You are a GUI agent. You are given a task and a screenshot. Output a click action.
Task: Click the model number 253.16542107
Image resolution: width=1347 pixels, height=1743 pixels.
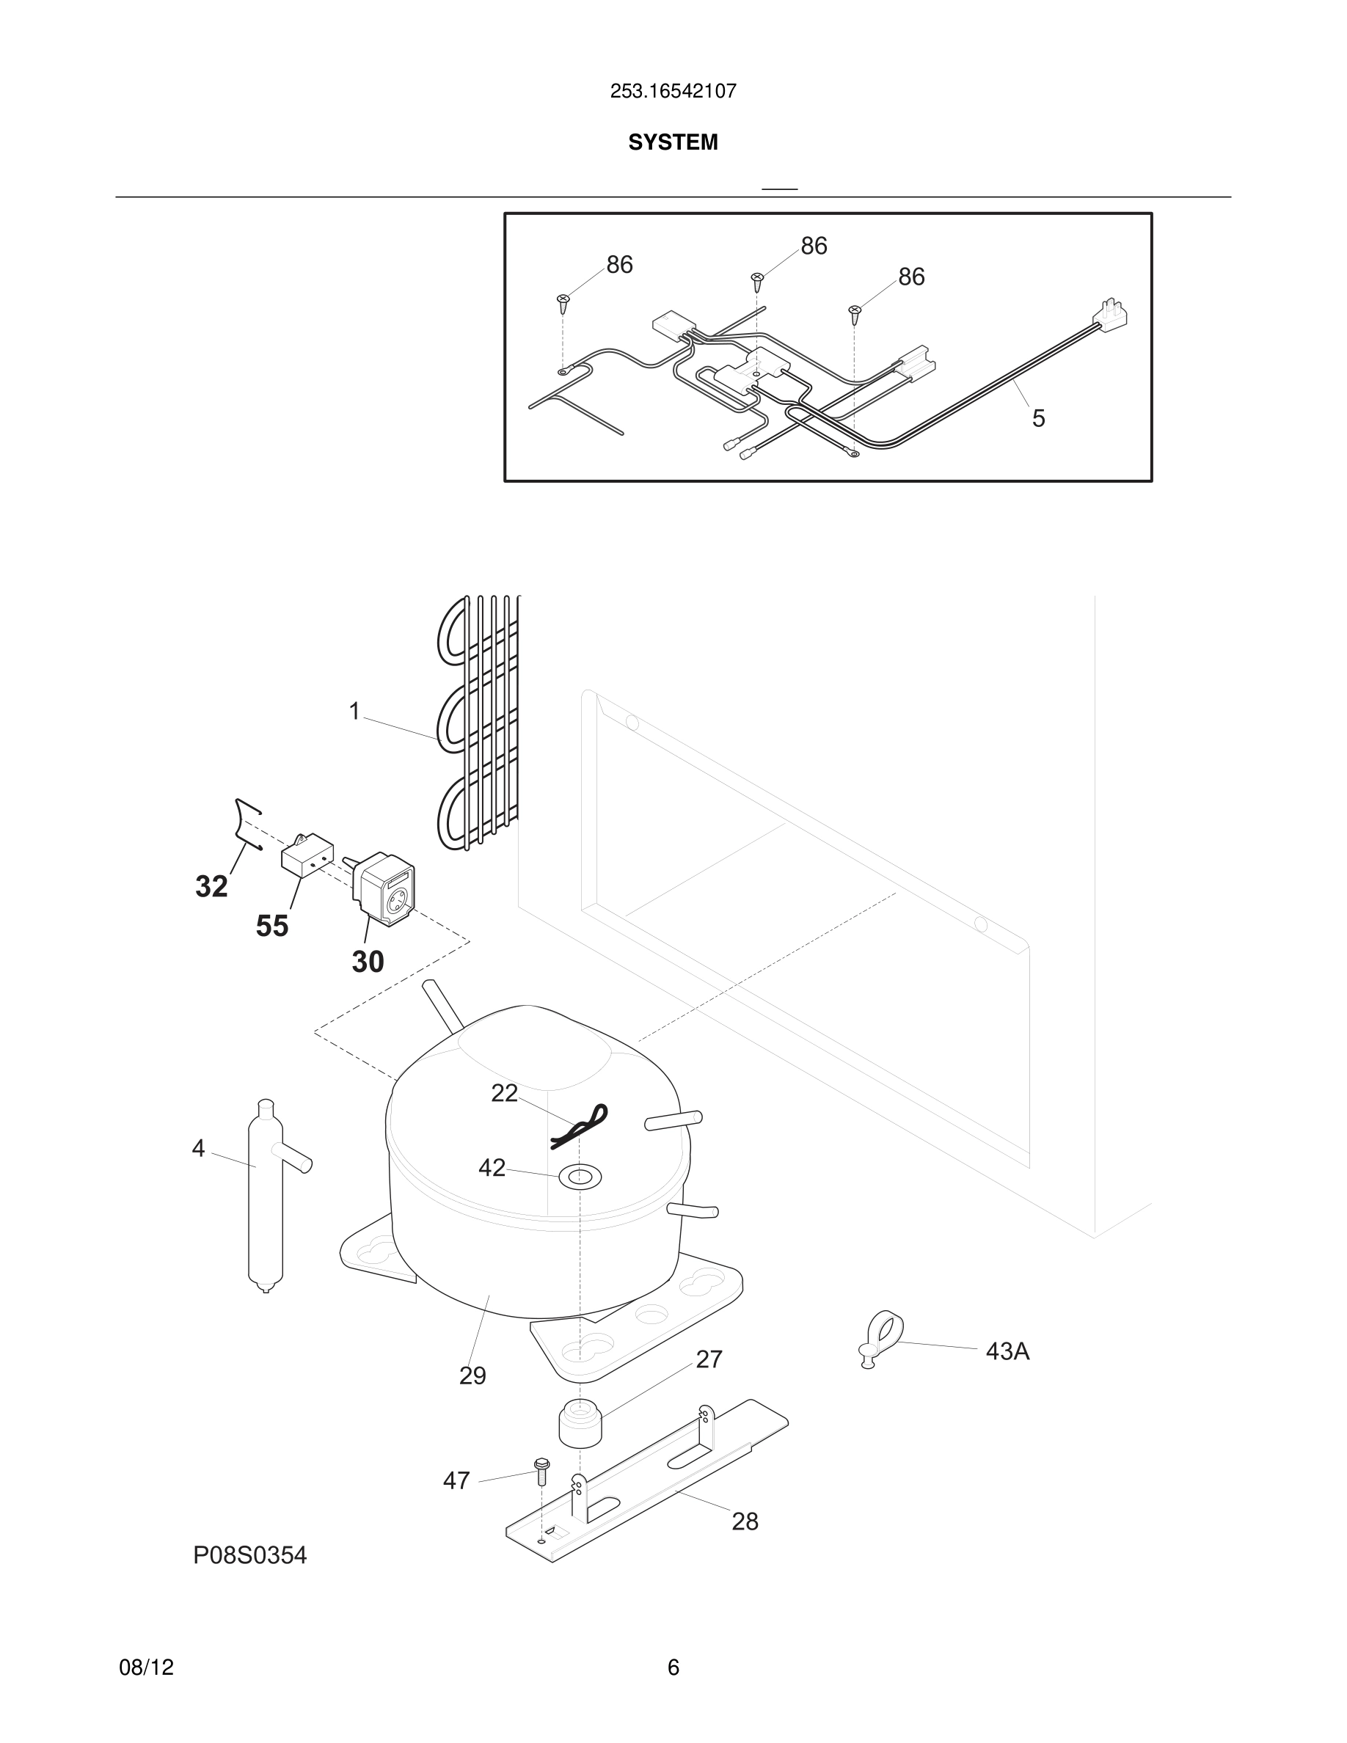673,91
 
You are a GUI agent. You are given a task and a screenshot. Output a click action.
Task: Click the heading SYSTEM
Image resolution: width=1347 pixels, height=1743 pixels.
673,142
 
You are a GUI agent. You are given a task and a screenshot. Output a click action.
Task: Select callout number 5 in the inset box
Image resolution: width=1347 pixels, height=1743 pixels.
1038,418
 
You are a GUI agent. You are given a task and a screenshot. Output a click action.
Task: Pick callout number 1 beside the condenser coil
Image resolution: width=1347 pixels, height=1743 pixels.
355,710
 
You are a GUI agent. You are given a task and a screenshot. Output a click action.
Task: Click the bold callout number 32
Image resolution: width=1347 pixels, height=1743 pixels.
211,887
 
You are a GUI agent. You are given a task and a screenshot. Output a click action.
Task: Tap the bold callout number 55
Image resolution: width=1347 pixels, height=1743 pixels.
272,926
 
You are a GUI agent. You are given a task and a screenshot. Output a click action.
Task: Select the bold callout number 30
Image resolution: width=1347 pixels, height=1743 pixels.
368,962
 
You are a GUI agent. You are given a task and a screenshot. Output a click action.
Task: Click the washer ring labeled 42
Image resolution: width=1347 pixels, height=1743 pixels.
580,1175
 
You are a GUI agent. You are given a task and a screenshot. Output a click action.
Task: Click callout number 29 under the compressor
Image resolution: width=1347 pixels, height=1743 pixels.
472,1375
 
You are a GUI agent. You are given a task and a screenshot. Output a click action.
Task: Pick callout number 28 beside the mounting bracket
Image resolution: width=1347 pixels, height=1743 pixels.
745,1521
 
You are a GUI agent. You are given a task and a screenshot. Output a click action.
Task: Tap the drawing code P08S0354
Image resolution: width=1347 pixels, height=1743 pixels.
249,1554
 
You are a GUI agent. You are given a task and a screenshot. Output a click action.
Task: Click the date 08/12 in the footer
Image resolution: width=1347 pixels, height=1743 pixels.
146,1667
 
